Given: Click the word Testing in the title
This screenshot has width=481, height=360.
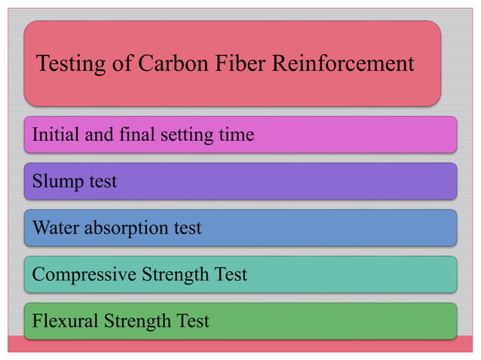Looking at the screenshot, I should coord(69,64).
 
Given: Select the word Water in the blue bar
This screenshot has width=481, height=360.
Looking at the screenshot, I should coord(54,227).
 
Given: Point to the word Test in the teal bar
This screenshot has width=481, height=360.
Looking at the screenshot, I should coord(230,275).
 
